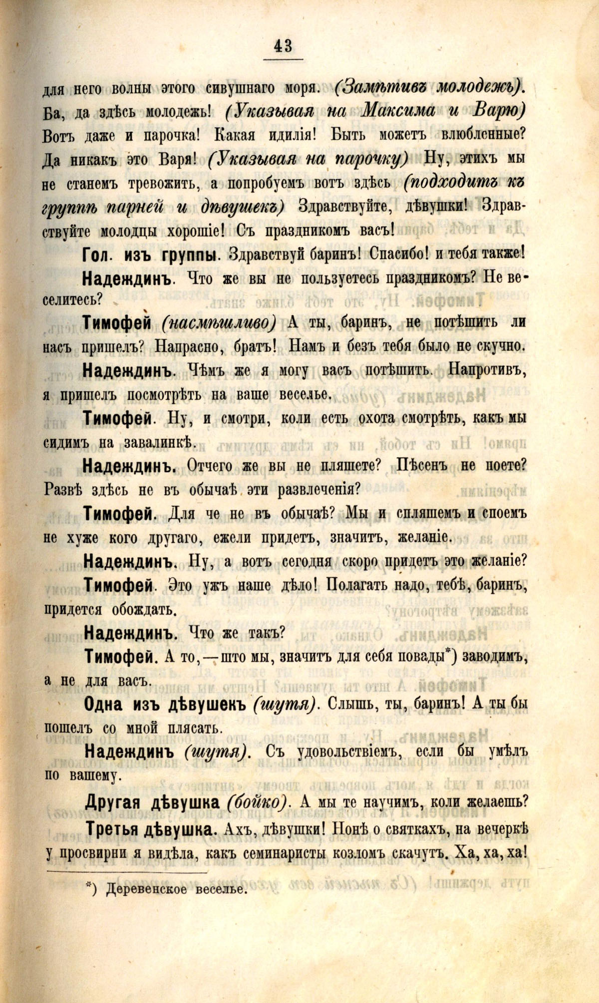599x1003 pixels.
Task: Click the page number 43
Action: pyautogui.click(x=283, y=46)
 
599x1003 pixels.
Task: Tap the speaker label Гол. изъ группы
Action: pyautogui.click(x=149, y=254)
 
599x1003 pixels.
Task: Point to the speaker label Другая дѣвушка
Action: pyautogui.click(x=152, y=802)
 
